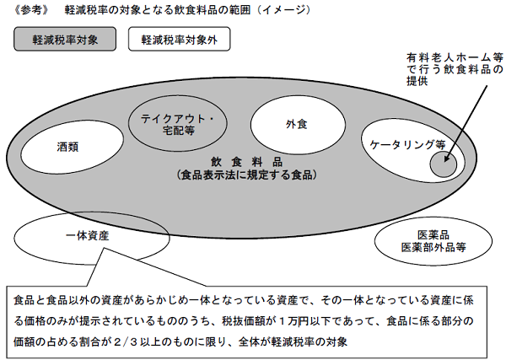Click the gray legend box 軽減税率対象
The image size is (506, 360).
[65, 39]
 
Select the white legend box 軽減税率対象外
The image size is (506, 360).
[179, 39]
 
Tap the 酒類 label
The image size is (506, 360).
[67, 147]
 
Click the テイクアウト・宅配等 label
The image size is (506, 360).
[178, 125]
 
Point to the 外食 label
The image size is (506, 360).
[297, 124]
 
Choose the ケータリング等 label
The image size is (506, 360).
[407, 144]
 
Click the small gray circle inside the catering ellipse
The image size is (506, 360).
[444, 164]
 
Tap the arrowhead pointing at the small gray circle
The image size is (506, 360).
[447, 159]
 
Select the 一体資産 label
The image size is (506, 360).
[88, 236]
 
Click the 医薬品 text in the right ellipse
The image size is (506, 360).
[433, 235]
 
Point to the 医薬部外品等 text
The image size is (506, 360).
[433, 247]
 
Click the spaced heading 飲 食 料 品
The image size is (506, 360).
[246, 162]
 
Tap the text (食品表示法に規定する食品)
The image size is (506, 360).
[247, 175]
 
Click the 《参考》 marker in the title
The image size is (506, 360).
[31, 10]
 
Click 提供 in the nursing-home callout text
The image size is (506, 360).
[417, 81]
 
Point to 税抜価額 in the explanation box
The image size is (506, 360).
[243, 321]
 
